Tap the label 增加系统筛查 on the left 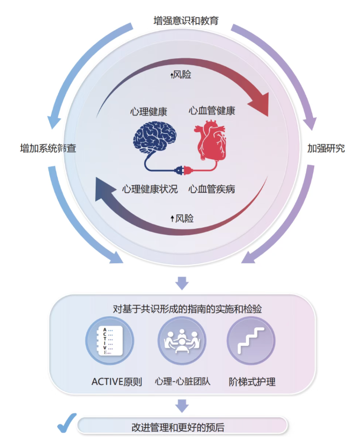(48, 148)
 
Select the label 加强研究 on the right (326, 148)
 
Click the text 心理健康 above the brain (149, 111)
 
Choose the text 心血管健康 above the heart (212, 111)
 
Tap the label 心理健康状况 (150, 189)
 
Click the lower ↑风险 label (182, 219)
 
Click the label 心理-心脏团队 (183, 381)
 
